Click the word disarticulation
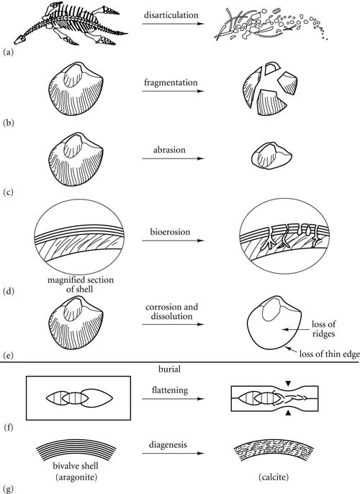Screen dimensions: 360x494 pos(171,15)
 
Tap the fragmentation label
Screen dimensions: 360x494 pos(171,83)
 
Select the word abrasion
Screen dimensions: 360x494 pos(169,150)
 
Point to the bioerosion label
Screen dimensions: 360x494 pos(170,232)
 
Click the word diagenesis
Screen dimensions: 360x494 pos(168,445)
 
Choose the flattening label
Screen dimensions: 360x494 pos(170,390)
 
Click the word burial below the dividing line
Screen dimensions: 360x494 pos(169,369)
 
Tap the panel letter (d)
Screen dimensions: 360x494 pos(9,291)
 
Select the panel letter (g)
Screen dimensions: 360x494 pos(9,489)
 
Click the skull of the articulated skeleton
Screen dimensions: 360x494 pos(20,40)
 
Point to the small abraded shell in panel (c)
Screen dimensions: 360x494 pos(271,155)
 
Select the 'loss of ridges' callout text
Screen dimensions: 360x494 pos(323,328)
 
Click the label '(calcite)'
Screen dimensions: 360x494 pos(274,477)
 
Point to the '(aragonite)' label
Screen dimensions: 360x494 pos(76,477)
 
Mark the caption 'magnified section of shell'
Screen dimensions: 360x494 pos(81,284)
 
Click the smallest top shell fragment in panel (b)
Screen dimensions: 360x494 pos(271,68)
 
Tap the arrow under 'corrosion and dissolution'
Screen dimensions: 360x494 pos(174,324)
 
